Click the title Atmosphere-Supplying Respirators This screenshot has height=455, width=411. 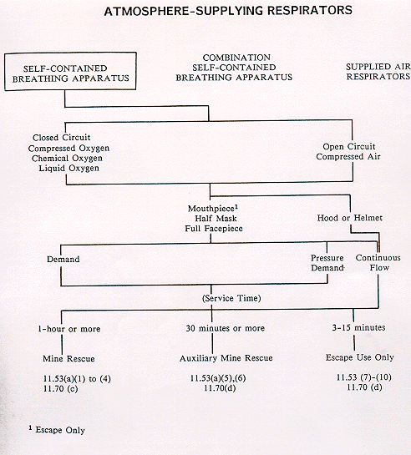[x=228, y=11]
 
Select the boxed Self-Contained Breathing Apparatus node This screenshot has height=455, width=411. [x=70, y=72]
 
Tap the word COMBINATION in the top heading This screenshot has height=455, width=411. [x=236, y=58]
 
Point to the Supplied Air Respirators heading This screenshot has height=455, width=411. [x=378, y=72]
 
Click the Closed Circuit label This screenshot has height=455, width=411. [x=62, y=137]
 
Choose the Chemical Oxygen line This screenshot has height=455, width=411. [x=67, y=158]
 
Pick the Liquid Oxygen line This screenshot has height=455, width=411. [x=69, y=168]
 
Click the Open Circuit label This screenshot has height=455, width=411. [x=349, y=147]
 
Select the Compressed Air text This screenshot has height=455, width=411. [x=348, y=157]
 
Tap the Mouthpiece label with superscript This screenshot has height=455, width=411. [x=213, y=209]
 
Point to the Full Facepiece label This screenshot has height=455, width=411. [x=214, y=229]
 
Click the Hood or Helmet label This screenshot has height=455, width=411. [x=350, y=218]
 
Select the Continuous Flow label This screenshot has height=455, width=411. [x=378, y=263]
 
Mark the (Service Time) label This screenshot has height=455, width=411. [x=231, y=298]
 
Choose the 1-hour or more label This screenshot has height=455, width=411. [x=69, y=329]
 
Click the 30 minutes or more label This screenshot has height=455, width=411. [x=226, y=328]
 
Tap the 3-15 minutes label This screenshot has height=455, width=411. [x=358, y=327]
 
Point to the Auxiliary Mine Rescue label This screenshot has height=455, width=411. [x=226, y=358]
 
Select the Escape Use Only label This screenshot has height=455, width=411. [x=359, y=357]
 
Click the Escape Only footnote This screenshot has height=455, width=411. [x=57, y=430]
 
